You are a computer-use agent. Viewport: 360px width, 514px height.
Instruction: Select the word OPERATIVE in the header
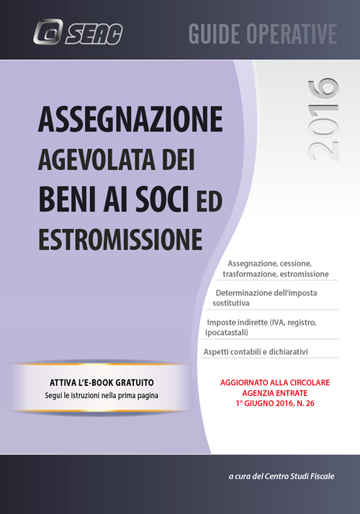coord(295,34)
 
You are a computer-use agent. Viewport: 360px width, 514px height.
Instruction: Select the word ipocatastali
coord(232,333)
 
